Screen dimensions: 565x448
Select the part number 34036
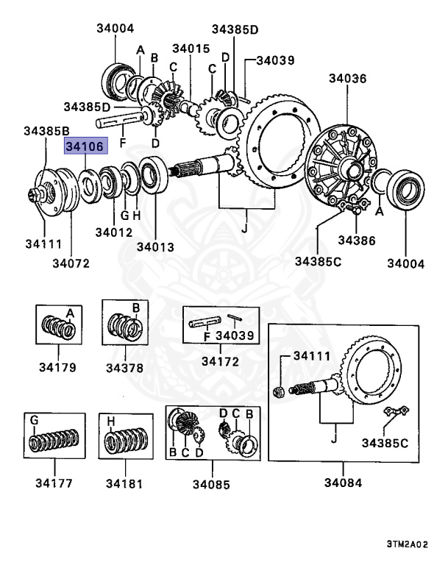point(348,77)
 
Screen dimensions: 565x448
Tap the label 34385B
point(46,130)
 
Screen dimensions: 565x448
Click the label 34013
point(155,246)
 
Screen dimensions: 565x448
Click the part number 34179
point(54,367)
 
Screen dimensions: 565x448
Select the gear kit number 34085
point(211,485)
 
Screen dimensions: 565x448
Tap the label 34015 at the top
point(191,49)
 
